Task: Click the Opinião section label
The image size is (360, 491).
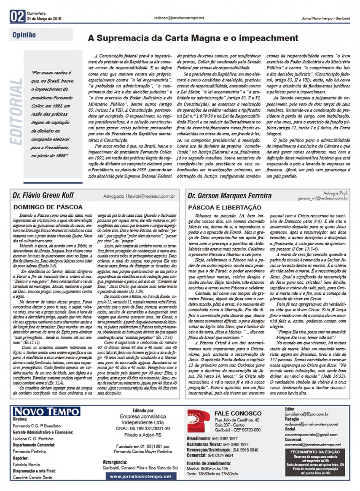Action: coord(24,35)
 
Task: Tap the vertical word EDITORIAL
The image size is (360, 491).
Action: coord(17,112)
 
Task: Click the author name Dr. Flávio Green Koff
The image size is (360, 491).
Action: coord(43,195)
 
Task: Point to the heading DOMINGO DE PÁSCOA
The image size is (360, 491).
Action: coord(48,207)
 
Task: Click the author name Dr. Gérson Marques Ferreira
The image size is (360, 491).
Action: coord(230,196)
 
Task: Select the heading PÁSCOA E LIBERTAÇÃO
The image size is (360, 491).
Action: coord(225,207)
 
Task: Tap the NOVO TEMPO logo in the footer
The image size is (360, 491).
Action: coord(46,411)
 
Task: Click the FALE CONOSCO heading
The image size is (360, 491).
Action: coord(238,413)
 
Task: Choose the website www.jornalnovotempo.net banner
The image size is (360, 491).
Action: coord(141,476)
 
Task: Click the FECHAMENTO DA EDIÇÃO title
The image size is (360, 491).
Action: coord(315,452)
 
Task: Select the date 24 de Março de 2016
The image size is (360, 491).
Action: coord(44,19)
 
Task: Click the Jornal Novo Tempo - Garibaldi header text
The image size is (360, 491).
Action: coord(325,18)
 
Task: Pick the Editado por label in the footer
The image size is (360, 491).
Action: coord(143,411)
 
